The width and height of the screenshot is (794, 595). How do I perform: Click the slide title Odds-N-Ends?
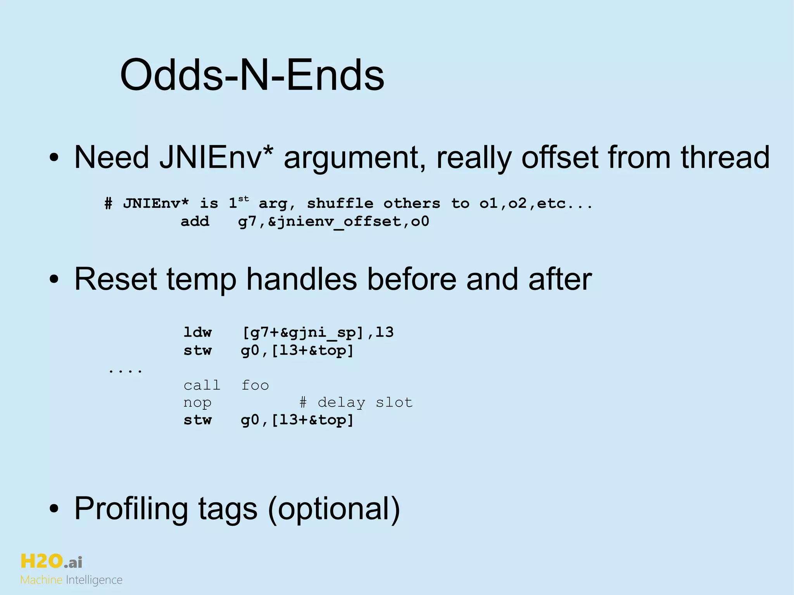[252, 74]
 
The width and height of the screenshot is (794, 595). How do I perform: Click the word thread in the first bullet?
[725, 157]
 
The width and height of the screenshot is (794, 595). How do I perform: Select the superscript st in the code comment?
[243, 199]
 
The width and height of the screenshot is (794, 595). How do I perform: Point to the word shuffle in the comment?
[340, 203]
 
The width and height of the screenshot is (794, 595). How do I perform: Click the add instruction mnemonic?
[195, 221]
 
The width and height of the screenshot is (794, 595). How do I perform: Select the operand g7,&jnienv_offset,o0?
[333, 222]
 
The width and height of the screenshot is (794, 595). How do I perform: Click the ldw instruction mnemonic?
[197, 332]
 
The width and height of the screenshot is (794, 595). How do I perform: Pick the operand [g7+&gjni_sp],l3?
[318, 333]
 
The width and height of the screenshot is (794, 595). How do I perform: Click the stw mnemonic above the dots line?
[197, 350]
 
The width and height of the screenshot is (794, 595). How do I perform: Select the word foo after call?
[255, 385]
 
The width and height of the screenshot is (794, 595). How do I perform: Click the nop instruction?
[197, 403]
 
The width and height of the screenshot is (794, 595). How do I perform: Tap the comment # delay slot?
[356, 403]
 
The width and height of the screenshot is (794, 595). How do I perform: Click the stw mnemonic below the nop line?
[197, 420]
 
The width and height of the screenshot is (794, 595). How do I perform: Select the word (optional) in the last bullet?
[334, 509]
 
